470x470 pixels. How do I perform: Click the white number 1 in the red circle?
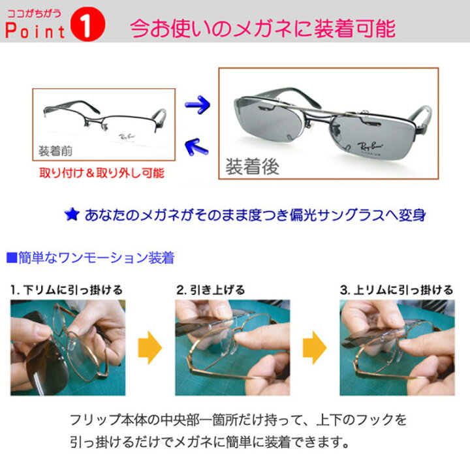91,29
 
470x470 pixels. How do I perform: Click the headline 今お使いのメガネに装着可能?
262,28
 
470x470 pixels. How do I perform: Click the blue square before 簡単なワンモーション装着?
10,257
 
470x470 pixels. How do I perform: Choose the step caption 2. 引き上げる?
210,289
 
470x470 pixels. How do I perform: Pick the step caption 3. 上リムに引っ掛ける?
396,289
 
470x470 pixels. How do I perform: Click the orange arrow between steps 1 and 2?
151,347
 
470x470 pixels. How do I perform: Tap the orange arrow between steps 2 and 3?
315,347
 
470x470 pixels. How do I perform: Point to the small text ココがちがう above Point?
34,10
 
